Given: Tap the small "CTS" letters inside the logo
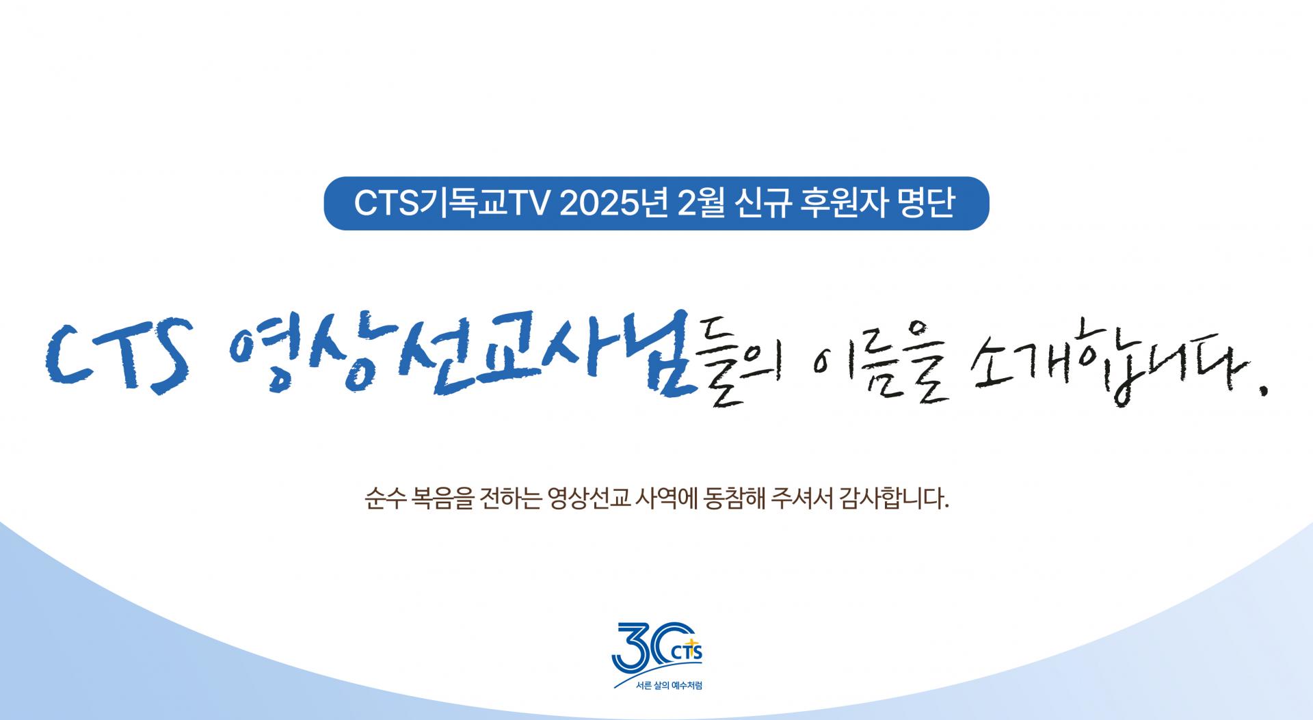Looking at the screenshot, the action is point(687,654).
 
